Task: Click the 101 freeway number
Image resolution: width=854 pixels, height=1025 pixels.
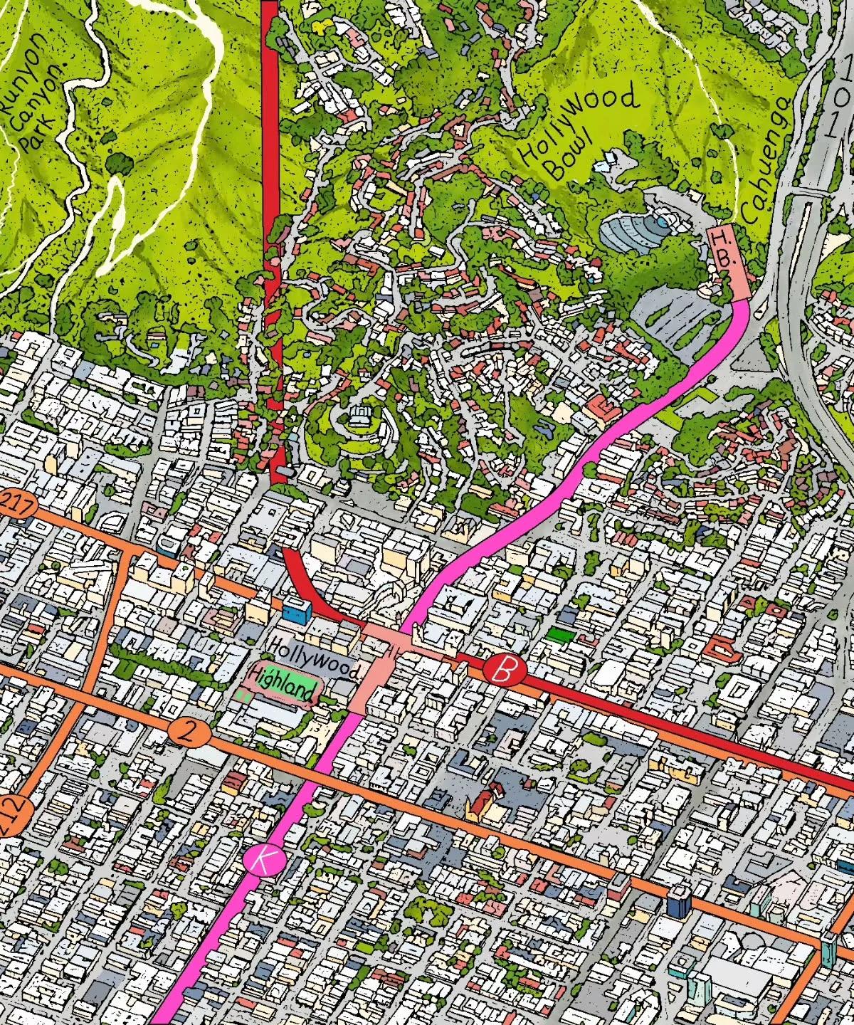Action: pyautogui.click(x=840, y=107)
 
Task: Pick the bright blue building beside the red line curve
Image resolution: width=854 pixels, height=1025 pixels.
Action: pyautogui.click(x=297, y=610)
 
